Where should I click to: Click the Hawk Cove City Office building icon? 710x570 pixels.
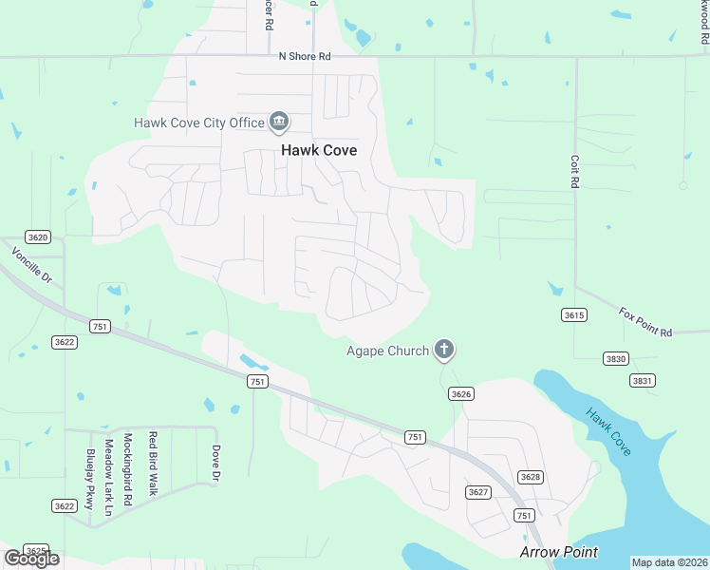[x=279, y=122]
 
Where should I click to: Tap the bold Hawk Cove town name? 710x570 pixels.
[x=318, y=150]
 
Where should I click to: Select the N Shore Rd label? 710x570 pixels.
[x=305, y=57]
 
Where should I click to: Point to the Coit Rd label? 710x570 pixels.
[x=574, y=171]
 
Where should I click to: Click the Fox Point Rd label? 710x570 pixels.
[x=645, y=321]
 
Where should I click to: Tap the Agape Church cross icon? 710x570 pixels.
[x=443, y=351]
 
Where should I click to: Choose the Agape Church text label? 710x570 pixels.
[x=387, y=351]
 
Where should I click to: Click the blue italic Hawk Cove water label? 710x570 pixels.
[x=608, y=431]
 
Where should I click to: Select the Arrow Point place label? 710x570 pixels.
[x=558, y=552]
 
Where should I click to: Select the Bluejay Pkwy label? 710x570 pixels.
[x=90, y=480]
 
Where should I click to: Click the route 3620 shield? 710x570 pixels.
[x=38, y=237]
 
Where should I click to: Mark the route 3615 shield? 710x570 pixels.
[x=574, y=315]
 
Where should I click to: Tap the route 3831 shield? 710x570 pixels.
[x=643, y=380]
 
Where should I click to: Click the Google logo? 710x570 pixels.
[x=31, y=558]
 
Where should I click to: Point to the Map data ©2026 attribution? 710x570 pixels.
[x=669, y=562]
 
